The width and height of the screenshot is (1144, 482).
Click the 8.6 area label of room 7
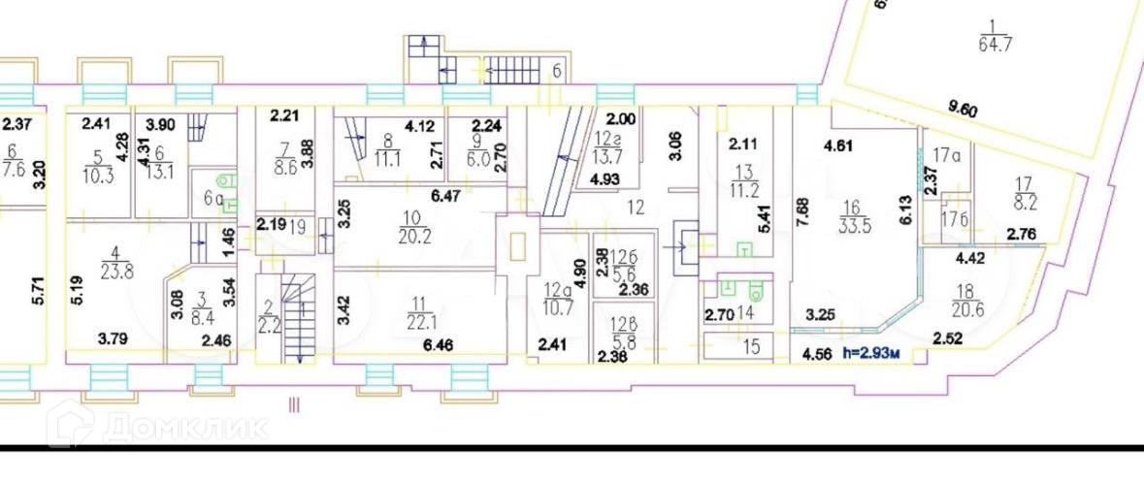[x=285, y=166]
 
